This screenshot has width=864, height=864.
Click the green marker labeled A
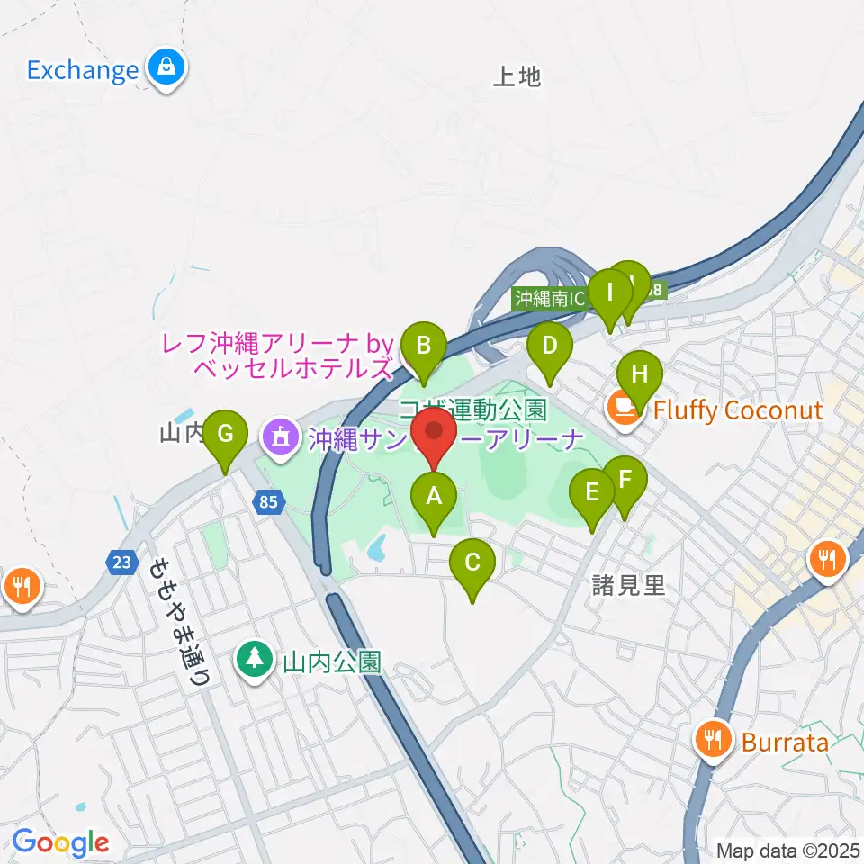(434, 496)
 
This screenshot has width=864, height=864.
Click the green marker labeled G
(225, 435)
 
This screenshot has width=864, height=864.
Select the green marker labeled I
(611, 293)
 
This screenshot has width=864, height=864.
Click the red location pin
(435, 430)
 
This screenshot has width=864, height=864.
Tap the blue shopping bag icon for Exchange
(167, 68)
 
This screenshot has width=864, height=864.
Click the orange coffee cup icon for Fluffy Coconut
(625, 409)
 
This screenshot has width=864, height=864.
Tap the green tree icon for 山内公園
(256, 661)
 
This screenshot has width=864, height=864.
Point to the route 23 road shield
(122, 563)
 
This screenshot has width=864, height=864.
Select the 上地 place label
(517, 77)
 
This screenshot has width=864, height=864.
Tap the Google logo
(61, 843)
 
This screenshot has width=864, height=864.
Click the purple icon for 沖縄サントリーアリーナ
(281, 439)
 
